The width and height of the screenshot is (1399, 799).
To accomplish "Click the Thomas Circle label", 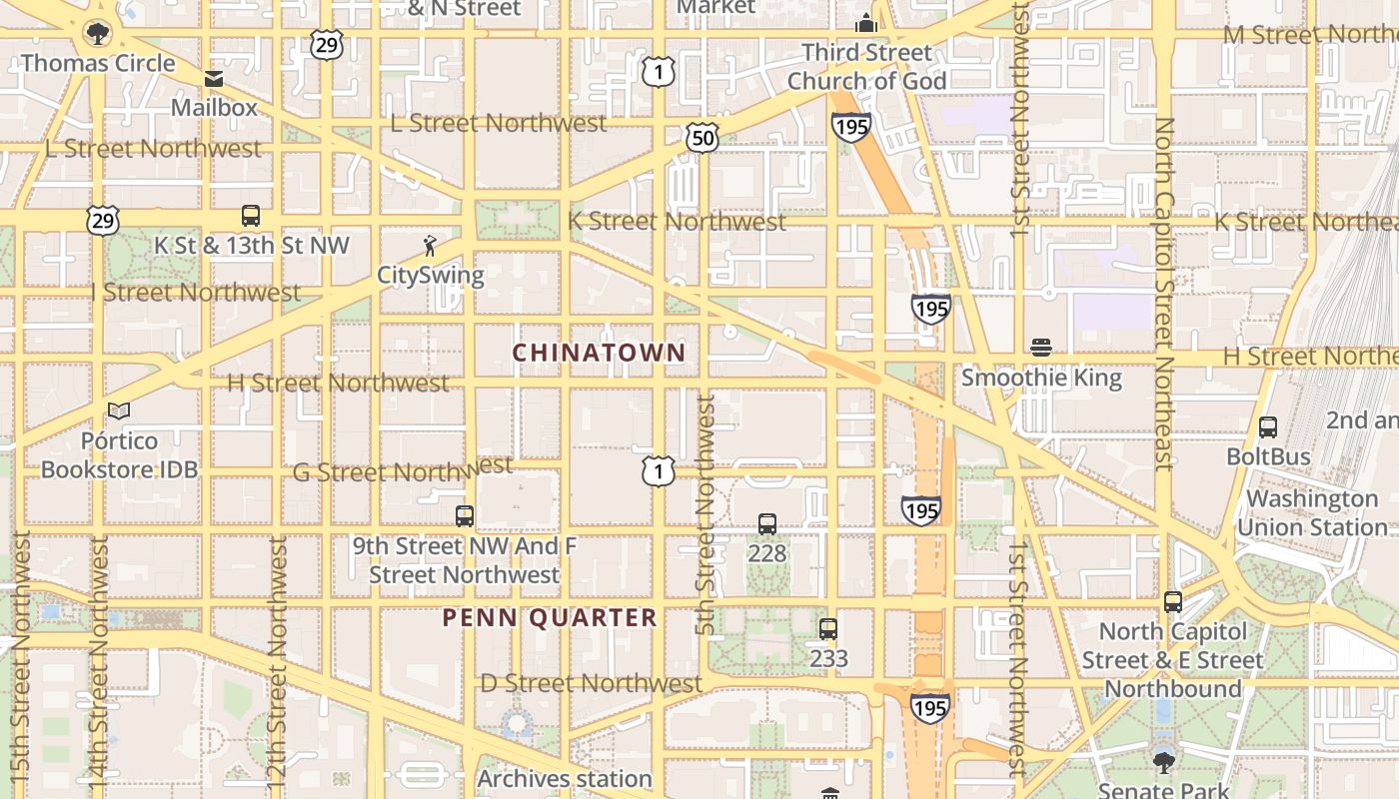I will [98, 63].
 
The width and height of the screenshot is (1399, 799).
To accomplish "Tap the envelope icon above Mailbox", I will [214, 79].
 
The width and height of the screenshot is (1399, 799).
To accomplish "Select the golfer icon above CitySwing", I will [430, 245].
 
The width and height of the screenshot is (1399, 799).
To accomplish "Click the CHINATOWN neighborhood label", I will [599, 353].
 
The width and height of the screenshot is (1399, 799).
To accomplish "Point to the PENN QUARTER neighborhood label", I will [550, 617].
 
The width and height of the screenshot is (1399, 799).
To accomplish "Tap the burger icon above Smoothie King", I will [1041, 349].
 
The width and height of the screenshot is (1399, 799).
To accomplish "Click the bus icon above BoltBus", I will [1268, 427].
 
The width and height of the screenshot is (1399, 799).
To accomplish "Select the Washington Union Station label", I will [1312, 512].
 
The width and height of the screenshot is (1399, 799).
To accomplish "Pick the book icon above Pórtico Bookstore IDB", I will [119, 410].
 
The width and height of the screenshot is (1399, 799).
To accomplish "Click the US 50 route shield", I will [702, 138].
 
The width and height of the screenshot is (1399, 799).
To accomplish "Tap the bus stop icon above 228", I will [767, 524].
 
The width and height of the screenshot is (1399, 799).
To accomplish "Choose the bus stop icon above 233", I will [828, 629].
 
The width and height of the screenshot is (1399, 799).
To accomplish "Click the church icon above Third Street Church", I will [865, 23].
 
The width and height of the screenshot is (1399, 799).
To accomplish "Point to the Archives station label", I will [565, 778].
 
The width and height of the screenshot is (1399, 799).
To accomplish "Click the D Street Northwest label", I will [592, 684].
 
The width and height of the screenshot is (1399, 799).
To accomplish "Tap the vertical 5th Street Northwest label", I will [705, 514].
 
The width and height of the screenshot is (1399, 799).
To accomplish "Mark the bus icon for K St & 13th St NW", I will [251, 216].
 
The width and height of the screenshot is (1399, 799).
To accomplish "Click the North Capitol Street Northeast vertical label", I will [1163, 295].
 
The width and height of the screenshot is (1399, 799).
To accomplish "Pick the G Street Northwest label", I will [403, 469].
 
